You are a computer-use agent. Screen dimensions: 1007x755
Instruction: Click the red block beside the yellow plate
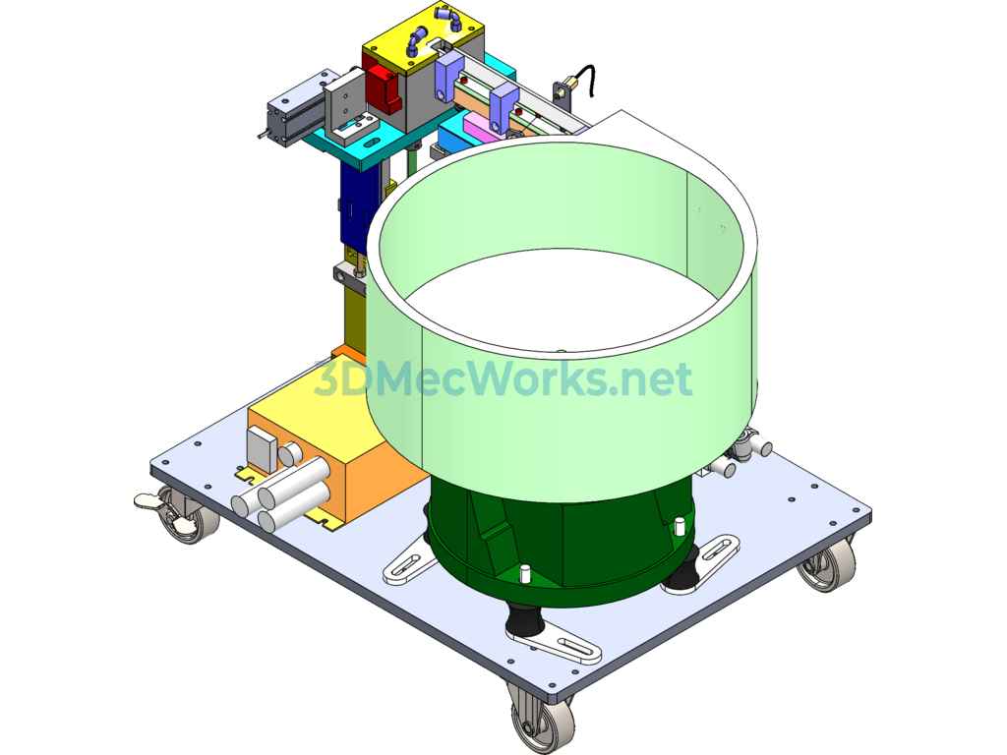[x=384, y=87]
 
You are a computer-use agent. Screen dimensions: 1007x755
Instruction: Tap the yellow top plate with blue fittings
[x=423, y=38]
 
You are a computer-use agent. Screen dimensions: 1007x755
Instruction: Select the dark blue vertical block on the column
[x=354, y=203]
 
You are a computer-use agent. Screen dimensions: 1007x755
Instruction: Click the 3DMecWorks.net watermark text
[x=503, y=378]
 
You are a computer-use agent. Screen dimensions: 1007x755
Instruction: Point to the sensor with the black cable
[x=565, y=87]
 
